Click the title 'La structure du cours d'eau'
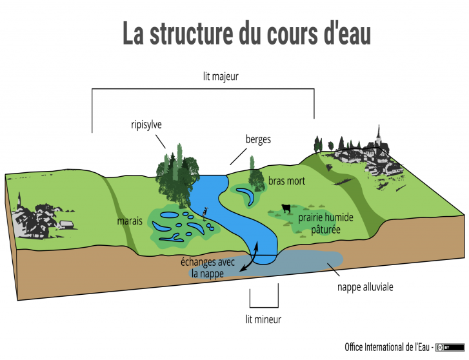click(x=247, y=33)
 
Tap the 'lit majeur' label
click(x=221, y=77)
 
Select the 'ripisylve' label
click(x=146, y=125)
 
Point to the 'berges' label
click(x=258, y=139)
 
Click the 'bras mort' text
click(x=286, y=181)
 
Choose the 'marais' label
click(x=130, y=221)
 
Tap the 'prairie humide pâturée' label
click(x=326, y=223)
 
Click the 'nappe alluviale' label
click(x=365, y=287)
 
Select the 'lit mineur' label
click(x=263, y=319)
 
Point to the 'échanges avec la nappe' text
click(x=208, y=268)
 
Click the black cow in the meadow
click(x=286, y=208)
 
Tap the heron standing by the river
click(x=205, y=214)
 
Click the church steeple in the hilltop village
click(x=379, y=136)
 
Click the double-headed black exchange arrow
click(x=250, y=258)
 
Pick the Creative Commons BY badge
click(x=450, y=348)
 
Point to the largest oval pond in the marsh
click(x=169, y=215)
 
